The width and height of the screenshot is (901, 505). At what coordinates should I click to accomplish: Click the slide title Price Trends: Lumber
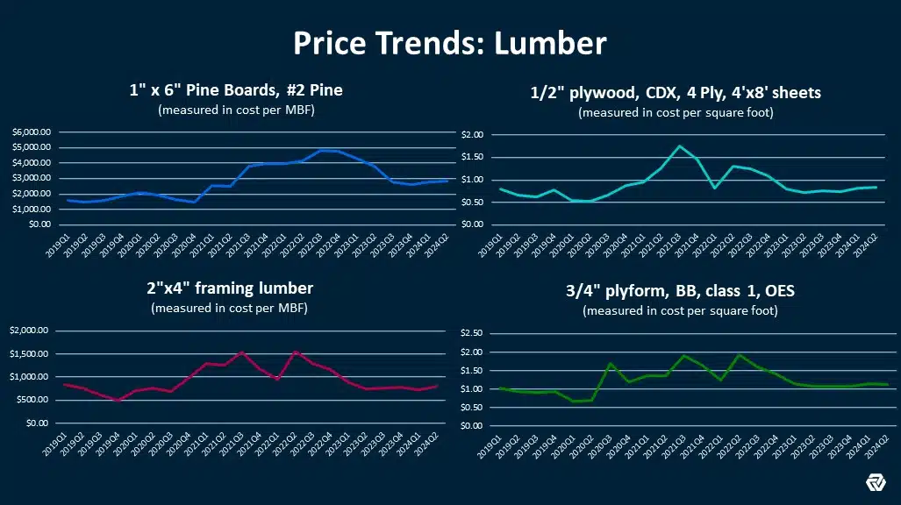[449, 43]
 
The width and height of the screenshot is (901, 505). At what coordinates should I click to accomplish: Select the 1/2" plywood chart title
[676, 93]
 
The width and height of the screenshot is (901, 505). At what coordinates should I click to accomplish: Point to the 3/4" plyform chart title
[679, 291]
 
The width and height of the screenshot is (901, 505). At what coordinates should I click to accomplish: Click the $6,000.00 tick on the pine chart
[32, 132]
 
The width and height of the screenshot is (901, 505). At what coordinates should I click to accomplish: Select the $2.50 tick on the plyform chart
[471, 333]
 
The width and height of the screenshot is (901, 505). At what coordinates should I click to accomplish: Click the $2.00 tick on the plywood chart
[471, 135]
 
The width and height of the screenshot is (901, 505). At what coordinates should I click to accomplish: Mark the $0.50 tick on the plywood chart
[471, 202]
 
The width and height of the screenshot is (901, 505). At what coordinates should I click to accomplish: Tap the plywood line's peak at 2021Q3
[679, 146]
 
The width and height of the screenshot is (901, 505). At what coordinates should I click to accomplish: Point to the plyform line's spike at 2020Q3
[611, 364]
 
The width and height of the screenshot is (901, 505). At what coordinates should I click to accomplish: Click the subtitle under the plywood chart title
[676, 113]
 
